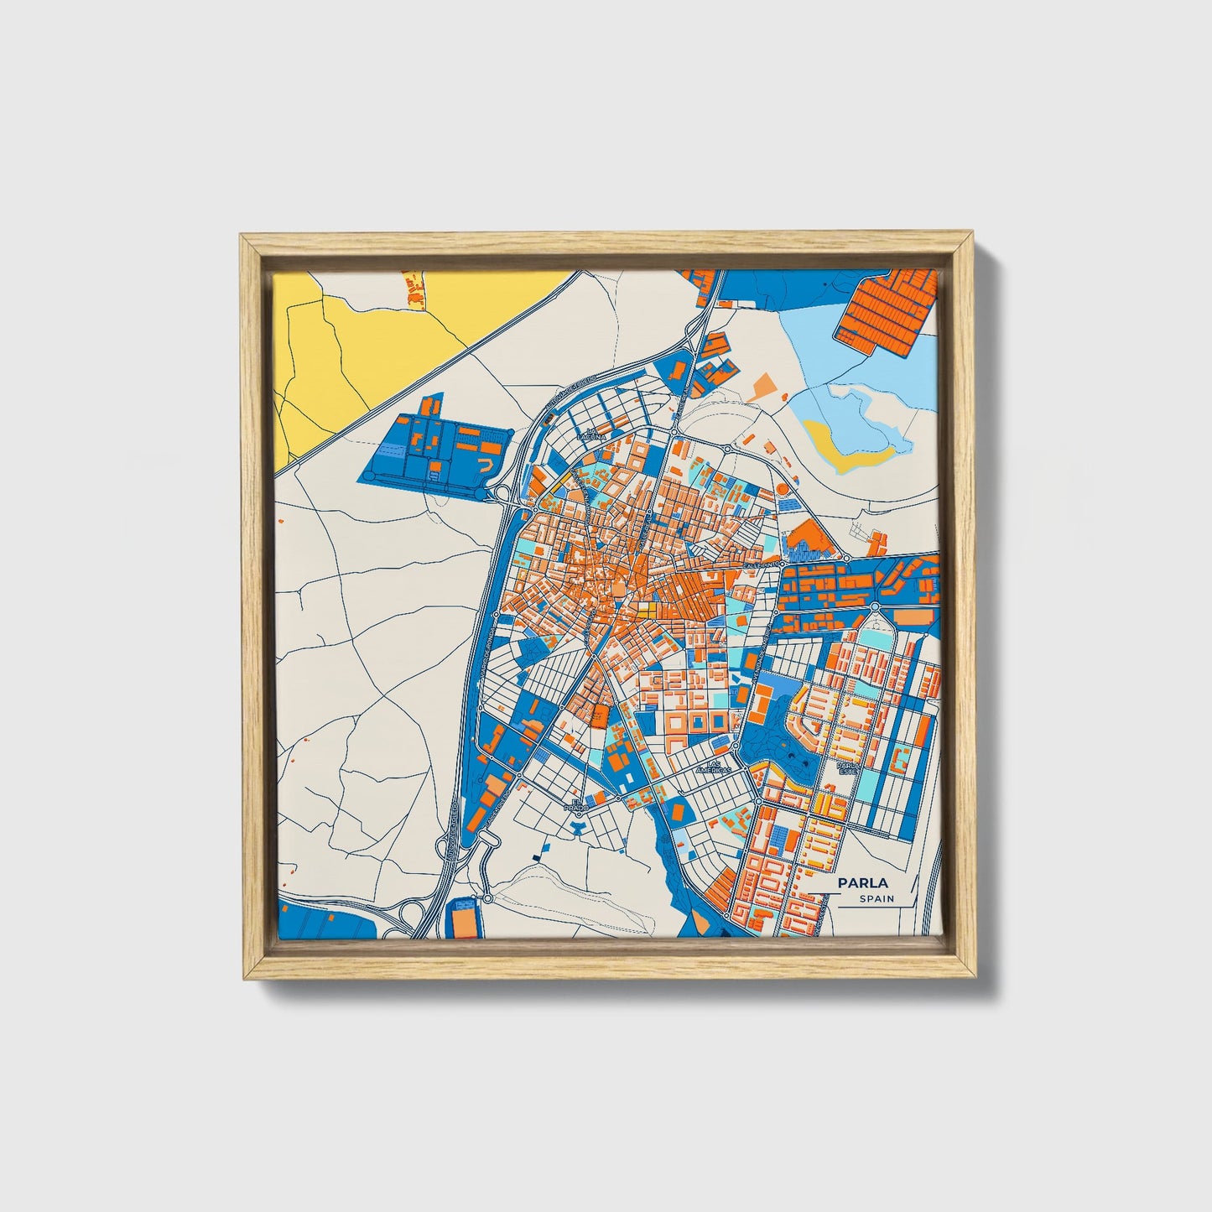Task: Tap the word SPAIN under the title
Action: [876, 898]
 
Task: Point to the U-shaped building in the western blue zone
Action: [486, 462]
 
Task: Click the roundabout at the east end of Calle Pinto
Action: [846, 558]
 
